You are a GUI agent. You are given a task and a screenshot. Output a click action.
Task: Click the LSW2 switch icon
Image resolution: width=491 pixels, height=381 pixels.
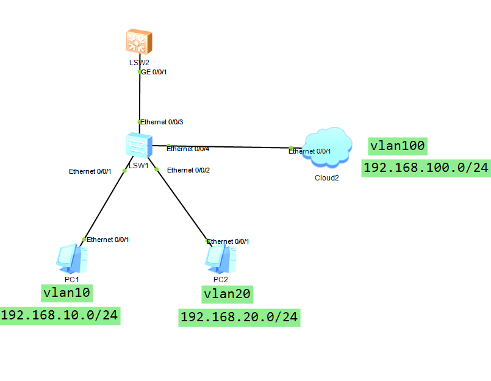139,43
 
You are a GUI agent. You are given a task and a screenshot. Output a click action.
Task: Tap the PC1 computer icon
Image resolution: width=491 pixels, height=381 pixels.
72,258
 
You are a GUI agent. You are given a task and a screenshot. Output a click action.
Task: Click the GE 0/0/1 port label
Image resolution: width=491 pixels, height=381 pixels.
154,72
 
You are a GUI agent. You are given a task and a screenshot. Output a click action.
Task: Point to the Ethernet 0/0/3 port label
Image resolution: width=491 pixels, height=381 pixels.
162,122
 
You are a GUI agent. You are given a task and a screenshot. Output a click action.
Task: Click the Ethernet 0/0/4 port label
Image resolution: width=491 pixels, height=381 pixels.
188,149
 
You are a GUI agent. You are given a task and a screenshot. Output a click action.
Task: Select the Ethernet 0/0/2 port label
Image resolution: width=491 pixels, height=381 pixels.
188,169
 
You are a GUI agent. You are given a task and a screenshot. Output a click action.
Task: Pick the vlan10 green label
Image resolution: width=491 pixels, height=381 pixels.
67,293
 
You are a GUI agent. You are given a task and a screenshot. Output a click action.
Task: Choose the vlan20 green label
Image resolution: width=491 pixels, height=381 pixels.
227,294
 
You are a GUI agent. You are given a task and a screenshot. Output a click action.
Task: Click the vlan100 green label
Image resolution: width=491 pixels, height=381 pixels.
397,146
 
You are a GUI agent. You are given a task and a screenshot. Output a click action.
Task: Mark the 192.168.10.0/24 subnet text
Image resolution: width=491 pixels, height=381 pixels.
59,315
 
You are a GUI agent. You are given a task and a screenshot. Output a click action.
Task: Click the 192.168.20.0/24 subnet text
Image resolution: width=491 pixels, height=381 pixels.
239,317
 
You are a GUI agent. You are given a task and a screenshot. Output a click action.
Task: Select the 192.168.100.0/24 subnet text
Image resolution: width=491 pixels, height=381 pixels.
426,168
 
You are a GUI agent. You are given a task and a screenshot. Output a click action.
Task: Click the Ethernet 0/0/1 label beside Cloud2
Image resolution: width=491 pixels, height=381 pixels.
310,151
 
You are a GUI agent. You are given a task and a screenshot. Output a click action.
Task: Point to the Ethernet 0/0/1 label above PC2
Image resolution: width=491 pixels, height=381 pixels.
228,241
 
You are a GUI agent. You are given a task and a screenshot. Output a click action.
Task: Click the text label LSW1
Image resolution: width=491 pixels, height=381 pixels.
139,165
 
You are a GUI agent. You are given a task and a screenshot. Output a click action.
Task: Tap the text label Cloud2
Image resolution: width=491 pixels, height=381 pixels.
326,178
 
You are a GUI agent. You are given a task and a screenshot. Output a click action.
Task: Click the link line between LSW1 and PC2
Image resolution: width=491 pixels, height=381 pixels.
183,204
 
